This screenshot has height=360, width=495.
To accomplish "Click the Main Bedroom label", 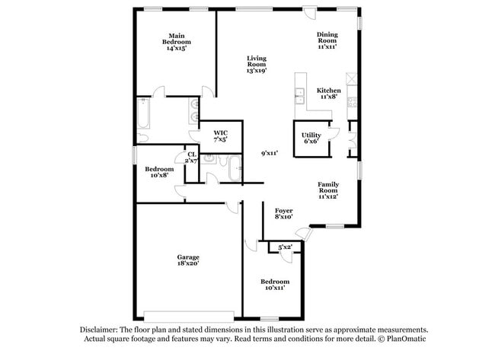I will tap(177, 41).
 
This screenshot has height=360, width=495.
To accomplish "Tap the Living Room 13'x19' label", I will tap(256, 65).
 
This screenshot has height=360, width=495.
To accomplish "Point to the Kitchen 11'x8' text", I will tap(329, 94).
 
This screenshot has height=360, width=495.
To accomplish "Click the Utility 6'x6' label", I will tap(311, 138).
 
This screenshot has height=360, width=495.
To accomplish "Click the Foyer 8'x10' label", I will tap(283, 214).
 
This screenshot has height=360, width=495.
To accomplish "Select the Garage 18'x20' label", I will tap(189, 260).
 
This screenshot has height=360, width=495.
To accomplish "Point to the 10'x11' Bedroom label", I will tap(276, 285).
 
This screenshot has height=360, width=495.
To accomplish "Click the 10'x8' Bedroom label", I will tap(160, 172).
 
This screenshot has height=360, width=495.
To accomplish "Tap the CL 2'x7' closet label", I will tap(191, 158).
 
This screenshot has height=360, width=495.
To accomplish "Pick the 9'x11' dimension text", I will tap(270, 153).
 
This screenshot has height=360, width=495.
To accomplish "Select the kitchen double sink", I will tap(300, 95).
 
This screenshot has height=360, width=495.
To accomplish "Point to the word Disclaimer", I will tap(101, 329).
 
